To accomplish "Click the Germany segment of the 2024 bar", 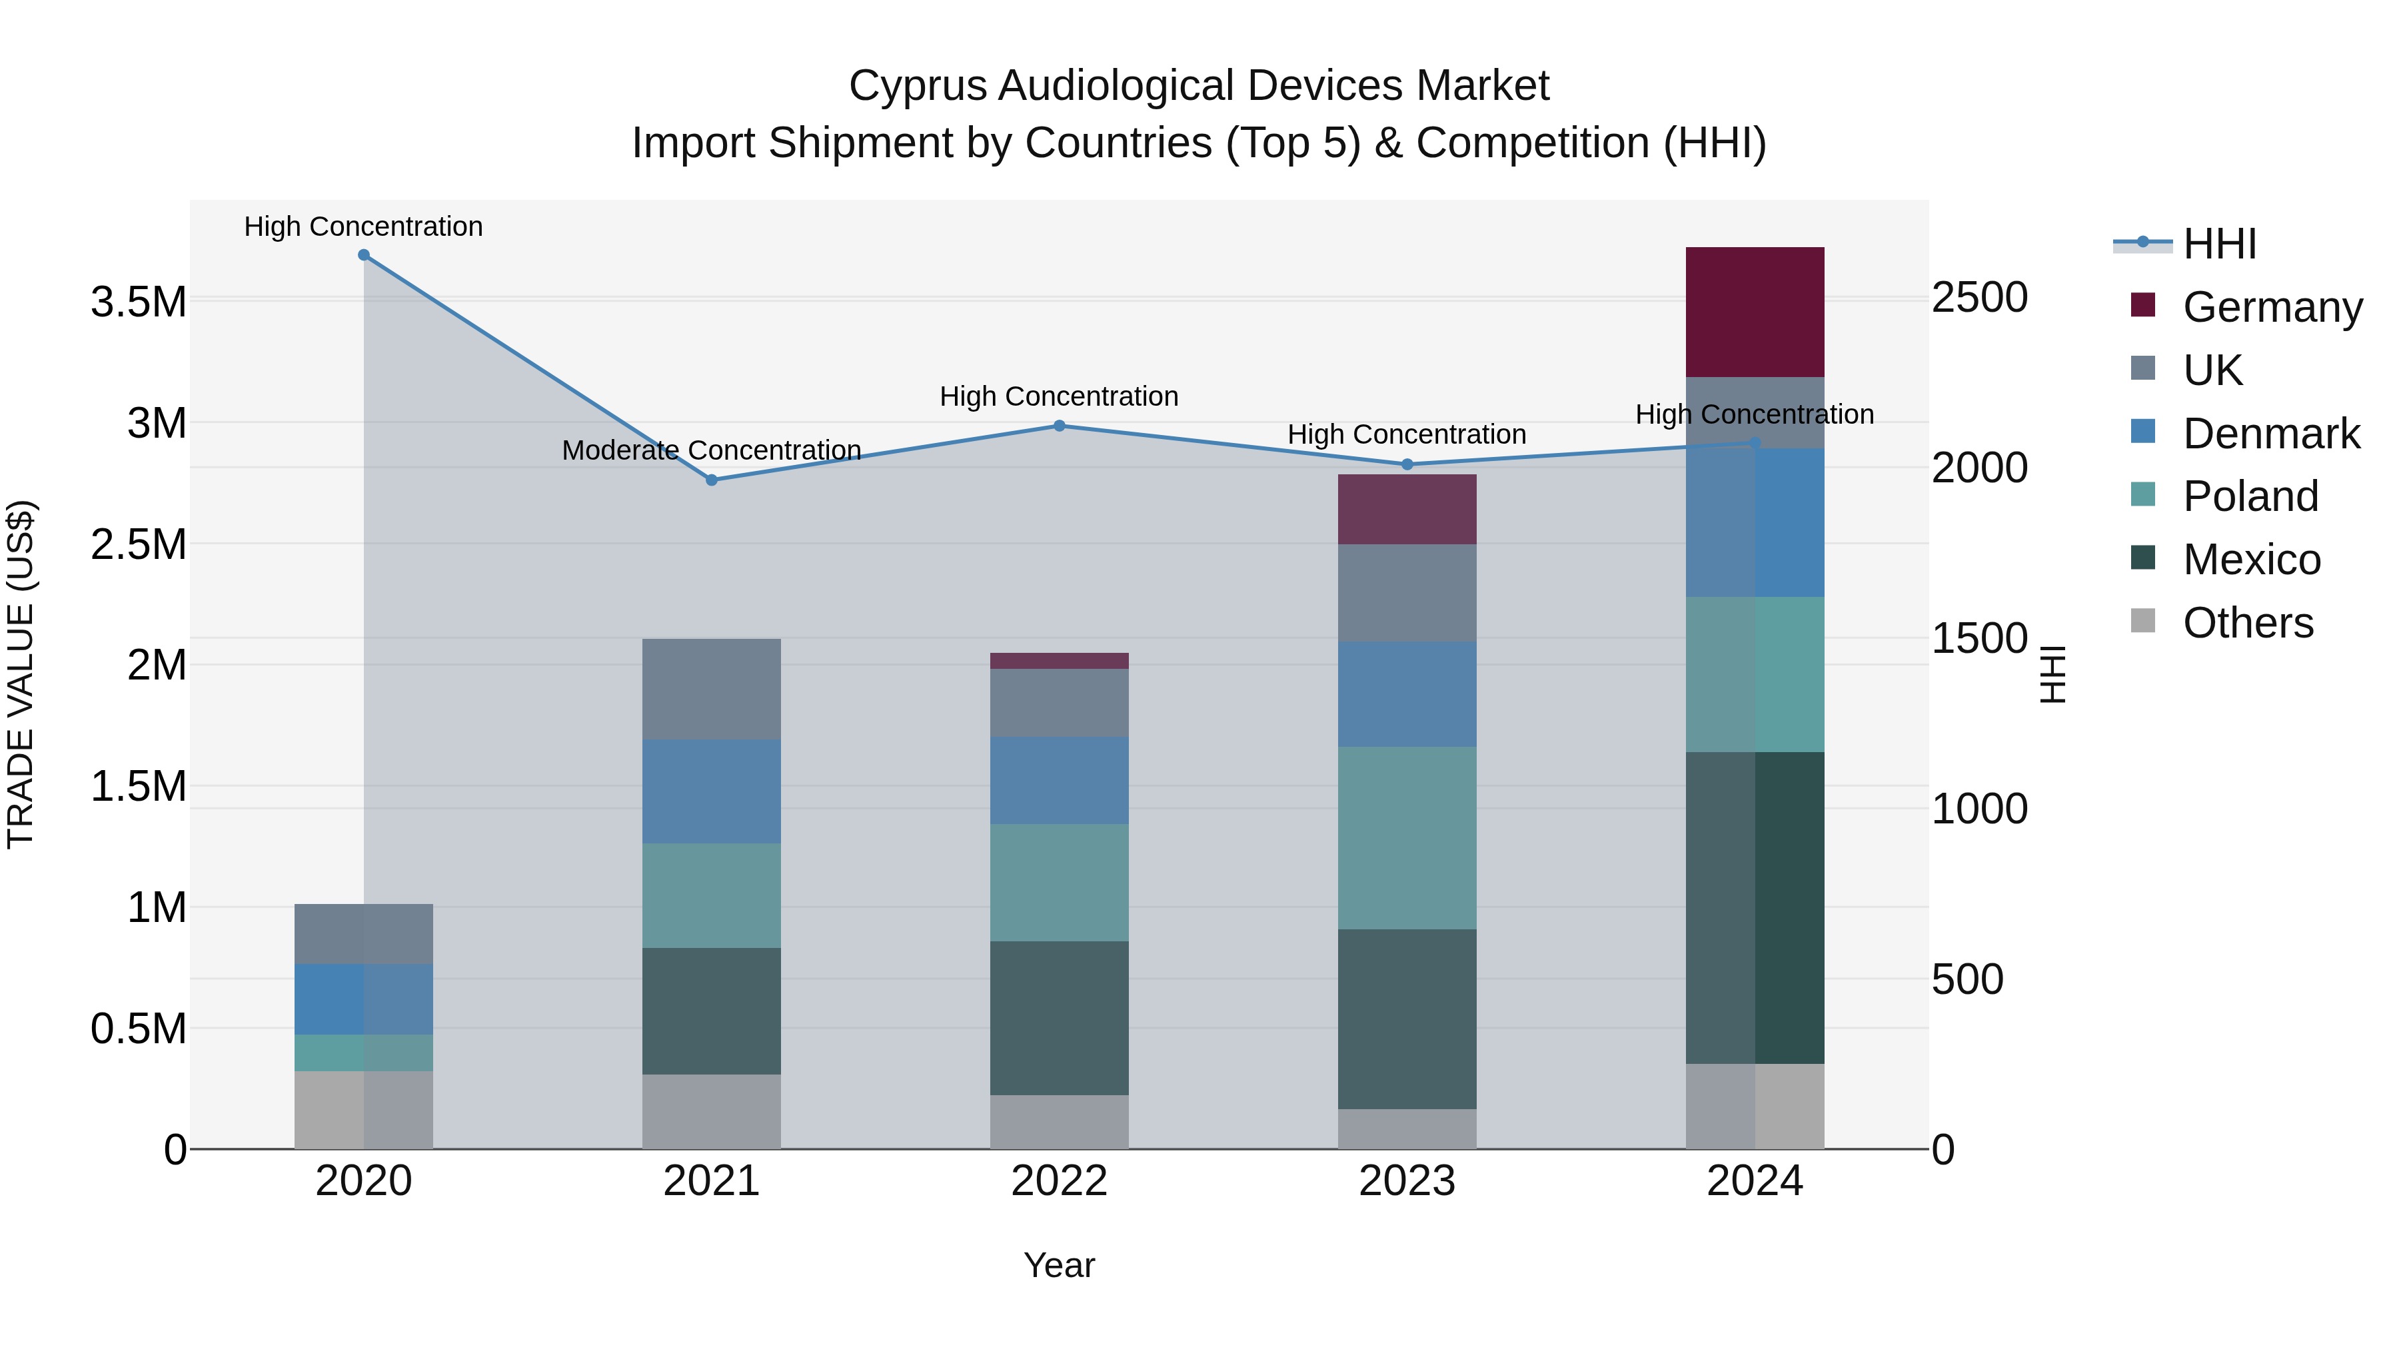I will [1755, 312].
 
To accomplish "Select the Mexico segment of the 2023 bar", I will [1407, 1019].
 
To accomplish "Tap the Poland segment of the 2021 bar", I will [712, 895].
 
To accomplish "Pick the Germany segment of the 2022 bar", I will [1059, 661].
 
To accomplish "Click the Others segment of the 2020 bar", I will [363, 1110].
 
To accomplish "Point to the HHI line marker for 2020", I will [364, 255].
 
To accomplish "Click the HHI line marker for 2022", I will [1059, 426].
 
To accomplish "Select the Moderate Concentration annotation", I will [712, 450].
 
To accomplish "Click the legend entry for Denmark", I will [2270, 434].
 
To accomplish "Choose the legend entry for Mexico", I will [2251, 560].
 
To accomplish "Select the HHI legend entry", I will [2219, 244].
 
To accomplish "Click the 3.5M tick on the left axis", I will [138, 302].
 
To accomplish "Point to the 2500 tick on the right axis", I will [1979, 298].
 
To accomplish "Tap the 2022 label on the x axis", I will [1059, 1181].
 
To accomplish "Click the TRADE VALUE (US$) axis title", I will [21, 674].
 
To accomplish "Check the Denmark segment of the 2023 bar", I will [1407, 693].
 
